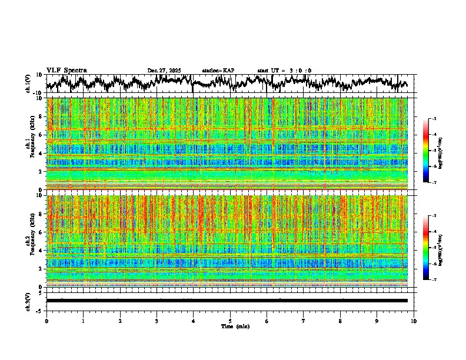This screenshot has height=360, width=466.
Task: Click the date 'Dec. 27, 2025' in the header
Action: coord(164,71)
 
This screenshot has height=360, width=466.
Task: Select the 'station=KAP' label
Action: coord(218,71)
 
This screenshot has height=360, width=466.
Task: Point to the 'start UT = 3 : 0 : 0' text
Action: coord(284,71)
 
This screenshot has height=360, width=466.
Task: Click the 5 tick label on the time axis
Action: coord(230,321)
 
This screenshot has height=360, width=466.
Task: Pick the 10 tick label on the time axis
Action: coord(414,321)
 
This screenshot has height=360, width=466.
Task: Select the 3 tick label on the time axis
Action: coord(157,321)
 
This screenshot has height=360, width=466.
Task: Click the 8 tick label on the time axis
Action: coord(340,321)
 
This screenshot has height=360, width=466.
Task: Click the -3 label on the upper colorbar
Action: coord(434,119)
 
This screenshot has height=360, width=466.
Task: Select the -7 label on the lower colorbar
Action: coord(434,279)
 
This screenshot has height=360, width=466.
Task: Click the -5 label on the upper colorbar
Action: coord(434,151)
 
